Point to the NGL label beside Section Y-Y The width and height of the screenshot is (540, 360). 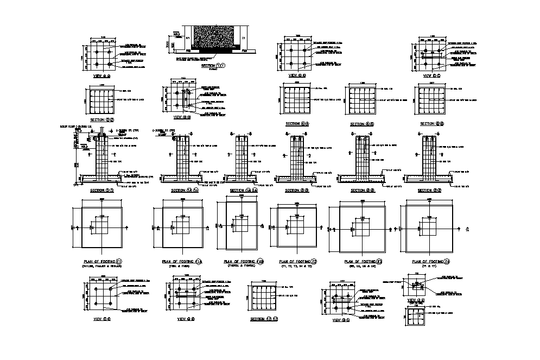176,34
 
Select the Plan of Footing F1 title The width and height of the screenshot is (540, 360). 102,261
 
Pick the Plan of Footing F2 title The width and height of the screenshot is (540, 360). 296,261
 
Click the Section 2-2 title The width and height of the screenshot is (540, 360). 101,119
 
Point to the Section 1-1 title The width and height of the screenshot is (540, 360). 101,191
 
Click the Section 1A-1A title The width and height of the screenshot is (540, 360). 185,191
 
